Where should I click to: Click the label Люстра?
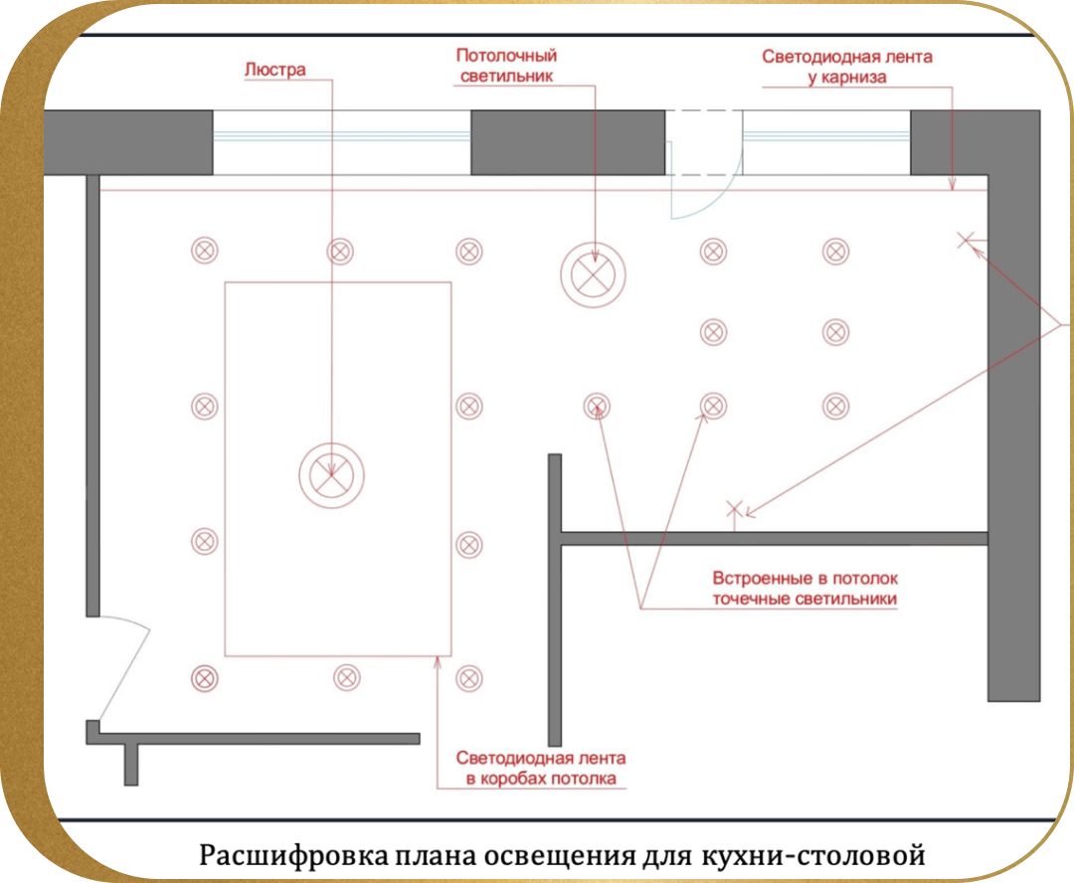(275, 70)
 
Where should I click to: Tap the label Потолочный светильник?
(506, 66)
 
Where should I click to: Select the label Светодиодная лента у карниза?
(847, 67)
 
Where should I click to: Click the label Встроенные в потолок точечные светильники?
(805, 589)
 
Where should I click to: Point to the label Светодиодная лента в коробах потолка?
(541, 768)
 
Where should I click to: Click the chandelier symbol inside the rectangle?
(331, 475)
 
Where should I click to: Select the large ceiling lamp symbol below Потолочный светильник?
(593, 274)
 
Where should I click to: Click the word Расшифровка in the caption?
(293, 855)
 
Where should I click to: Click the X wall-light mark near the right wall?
(966, 240)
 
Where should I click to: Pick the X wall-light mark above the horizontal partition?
(734, 509)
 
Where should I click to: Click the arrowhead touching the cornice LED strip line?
(952, 184)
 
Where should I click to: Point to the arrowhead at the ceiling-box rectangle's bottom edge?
(438, 661)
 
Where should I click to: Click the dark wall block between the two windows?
(568, 142)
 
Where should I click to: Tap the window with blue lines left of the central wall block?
(342, 142)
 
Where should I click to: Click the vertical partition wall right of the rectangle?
(555, 600)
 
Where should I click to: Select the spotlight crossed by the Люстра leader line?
(340, 252)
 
